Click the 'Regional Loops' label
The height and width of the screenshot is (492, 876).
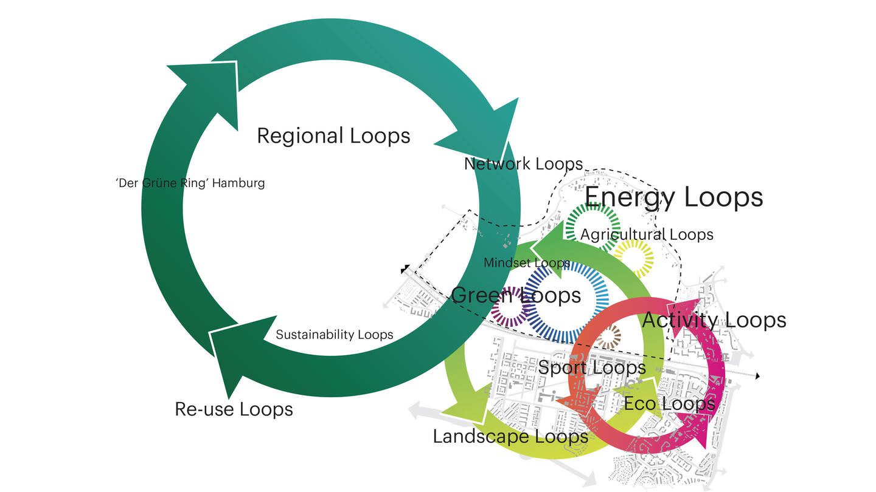tap(333, 135)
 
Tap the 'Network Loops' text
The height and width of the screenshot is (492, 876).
tap(523, 163)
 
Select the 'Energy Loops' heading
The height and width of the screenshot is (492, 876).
tap(673, 197)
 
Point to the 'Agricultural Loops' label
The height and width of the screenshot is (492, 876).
tap(647, 234)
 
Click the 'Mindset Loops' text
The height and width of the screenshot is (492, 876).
tap(526, 263)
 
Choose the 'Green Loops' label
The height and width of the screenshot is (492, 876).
tap(516, 295)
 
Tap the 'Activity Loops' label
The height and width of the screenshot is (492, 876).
tap(714, 320)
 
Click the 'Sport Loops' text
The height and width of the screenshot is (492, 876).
tap(592, 367)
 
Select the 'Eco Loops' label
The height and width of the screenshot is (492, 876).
tap(669, 403)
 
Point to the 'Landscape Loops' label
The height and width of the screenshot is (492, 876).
tap(510, 436)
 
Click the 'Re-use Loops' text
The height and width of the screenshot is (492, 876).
tap(234, 409)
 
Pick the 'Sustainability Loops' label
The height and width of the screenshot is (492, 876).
tap(335, 335)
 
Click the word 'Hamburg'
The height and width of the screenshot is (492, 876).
tap(238, 183)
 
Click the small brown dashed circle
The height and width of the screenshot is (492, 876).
tap(611, 336)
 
